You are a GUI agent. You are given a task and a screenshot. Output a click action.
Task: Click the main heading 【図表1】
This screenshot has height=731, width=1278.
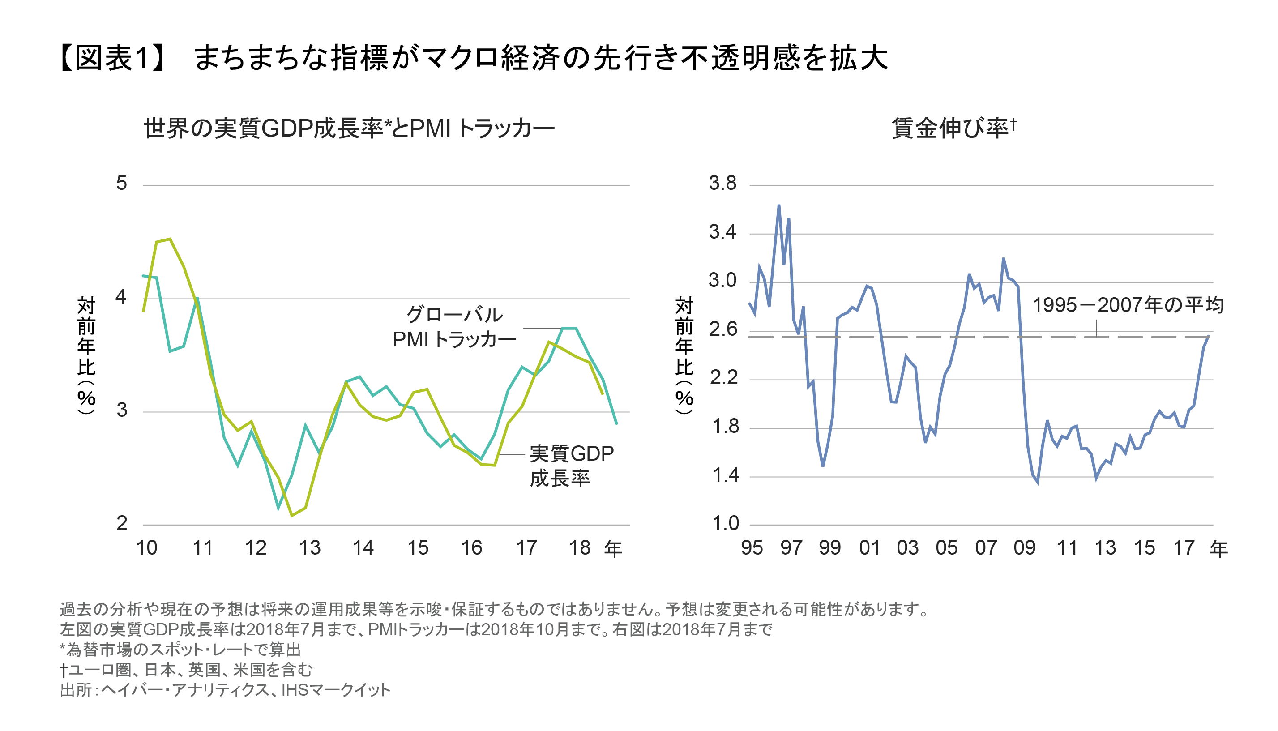[x=113, y=58]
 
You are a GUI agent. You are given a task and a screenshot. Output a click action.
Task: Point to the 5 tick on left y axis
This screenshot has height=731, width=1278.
[x=121, y=183]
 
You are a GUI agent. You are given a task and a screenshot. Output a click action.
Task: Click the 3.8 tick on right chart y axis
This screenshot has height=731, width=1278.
[x=722, y=183]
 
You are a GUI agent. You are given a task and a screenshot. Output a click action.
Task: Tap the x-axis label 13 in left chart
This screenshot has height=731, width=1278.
[x=309, y=548]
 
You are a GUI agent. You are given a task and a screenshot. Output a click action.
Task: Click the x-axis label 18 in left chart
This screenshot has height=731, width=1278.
[x=579, y=548]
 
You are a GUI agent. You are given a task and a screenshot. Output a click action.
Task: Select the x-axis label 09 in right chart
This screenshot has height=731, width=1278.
[x=1024, y=548]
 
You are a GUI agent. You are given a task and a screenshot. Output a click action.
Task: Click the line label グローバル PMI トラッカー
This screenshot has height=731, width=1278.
[x=454, y=327]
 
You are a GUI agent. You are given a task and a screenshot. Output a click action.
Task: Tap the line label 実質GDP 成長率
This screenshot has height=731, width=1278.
[x=571, y=466]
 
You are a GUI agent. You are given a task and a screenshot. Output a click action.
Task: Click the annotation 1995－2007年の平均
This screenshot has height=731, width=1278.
[x=1128, y=305]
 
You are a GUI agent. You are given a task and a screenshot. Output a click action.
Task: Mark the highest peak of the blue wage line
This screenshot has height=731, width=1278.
[x=779, y=205]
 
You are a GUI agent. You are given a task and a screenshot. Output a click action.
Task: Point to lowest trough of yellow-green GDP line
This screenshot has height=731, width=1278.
[x=292, y=516]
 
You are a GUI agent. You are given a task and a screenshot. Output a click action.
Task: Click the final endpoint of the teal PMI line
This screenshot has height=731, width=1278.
[x=616, y=424]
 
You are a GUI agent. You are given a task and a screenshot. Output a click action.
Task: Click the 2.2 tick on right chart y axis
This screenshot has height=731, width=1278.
[x=723, y=377]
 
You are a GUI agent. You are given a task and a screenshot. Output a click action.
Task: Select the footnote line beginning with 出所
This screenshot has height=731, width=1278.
[x=224, y=690]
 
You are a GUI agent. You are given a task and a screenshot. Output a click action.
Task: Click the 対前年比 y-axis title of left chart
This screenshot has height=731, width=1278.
[x=86, y=355]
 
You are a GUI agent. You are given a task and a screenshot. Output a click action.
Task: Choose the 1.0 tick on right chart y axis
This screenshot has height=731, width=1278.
[x=725, y=524]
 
